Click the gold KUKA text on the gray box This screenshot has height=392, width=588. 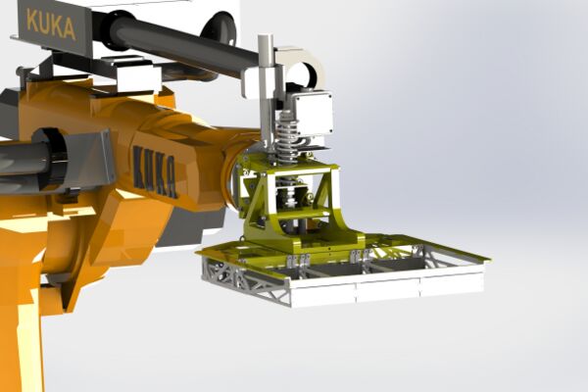click(x=51, y=25)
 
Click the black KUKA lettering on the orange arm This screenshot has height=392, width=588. click(x=155, y=171)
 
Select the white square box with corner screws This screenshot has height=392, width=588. click(x=313, y=114)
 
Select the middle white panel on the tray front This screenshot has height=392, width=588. click(x=387, y=291)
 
